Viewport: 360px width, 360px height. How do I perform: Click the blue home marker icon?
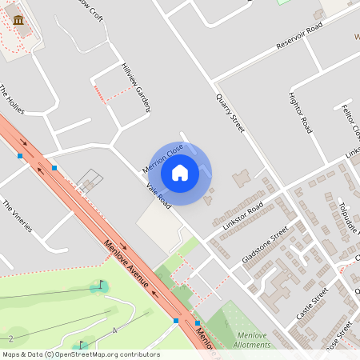pyautogui.click(x=180, y=172)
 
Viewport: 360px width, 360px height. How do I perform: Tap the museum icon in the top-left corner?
pyautogui.click(x=18, y=20)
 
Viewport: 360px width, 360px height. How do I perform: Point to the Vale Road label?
pyautogui.click(x=158, y=196)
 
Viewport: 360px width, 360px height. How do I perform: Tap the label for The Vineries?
pyautogui.click(x=17, y=216)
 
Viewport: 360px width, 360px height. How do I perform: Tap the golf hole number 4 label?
pyautogui.click(x=115, y=330)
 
